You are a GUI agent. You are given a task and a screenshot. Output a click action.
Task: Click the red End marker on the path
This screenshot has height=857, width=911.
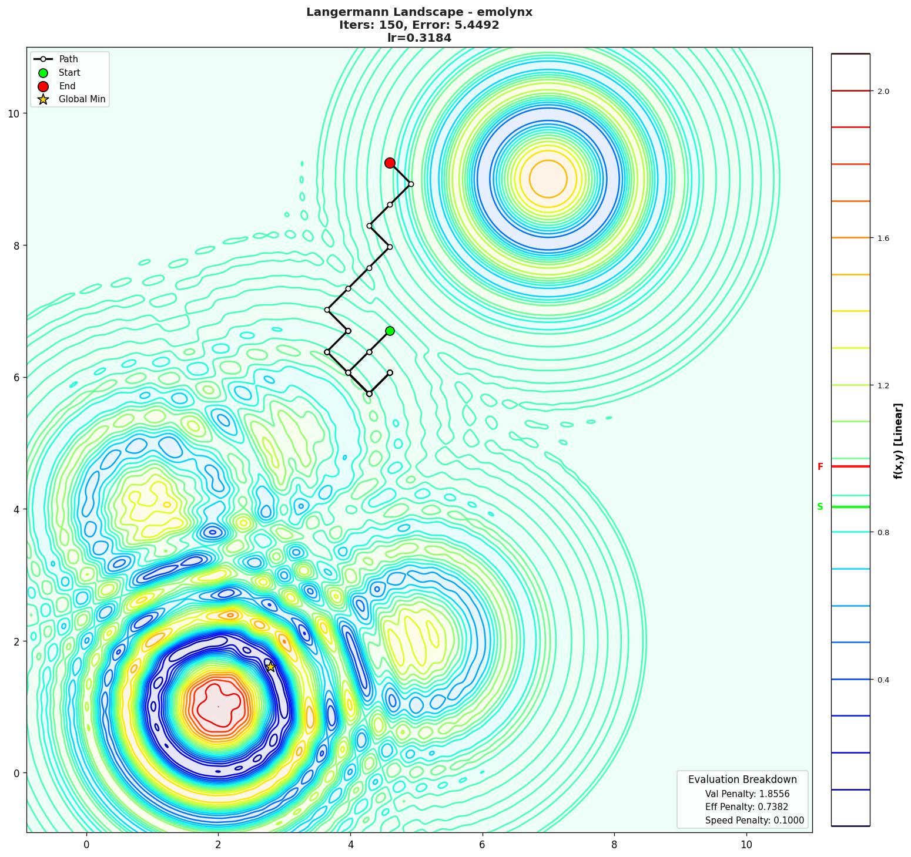pyautogui.click(x=390, y=163)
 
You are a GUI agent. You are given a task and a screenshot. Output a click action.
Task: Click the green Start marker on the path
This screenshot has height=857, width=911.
pyautogui.click(x=390, y=331)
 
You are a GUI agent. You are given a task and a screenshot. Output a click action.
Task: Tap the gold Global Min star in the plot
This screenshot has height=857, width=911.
pyautogui.click(x=270, y=667)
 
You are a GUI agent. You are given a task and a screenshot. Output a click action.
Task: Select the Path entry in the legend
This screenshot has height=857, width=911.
pyautogui.click(x=68, y=59)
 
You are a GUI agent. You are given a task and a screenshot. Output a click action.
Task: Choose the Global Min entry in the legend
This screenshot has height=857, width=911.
pyautogui.click(x=82, y=99)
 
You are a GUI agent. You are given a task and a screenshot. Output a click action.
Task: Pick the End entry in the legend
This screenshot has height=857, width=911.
pyautogui.click(x=67, y=86)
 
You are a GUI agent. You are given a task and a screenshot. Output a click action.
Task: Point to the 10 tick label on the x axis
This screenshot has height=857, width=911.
pyautogui.click(x=746, y=845)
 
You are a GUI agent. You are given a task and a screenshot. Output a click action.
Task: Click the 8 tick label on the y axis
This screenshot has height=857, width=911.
pyautogui.click(x=17, y=246)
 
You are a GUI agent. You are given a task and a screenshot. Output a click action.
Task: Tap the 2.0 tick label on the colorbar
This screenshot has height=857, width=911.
pyautogui.click(x=883, y=91)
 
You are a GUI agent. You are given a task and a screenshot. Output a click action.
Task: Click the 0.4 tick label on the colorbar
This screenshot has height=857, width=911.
pyautogui.click(x=883, y=680)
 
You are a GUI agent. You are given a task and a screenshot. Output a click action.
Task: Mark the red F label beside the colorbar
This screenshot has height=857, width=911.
pyautogui.click(x=820, y=467)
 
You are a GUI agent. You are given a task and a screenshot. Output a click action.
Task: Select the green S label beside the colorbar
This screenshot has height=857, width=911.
pyautogui.click(x=820, y=507)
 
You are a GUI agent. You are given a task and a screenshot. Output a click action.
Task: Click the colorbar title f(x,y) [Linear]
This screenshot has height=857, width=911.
pyautogui.click(x=897, y=441)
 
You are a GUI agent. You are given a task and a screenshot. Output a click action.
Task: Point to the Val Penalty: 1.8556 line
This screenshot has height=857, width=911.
pyautogui.click(x=747, y=794)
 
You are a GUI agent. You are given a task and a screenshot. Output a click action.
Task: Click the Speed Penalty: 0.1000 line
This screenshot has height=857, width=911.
pyautogui.click(x=754, y=821)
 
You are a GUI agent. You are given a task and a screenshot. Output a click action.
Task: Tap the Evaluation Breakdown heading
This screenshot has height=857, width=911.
pyautogui.click(x=742, y=779)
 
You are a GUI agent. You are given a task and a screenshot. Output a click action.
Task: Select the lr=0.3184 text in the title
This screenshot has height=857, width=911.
pyautogui.click(x=419, y=38)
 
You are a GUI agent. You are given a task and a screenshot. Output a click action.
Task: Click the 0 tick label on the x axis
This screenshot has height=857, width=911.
pyautogui.click(x=86, y=845)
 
